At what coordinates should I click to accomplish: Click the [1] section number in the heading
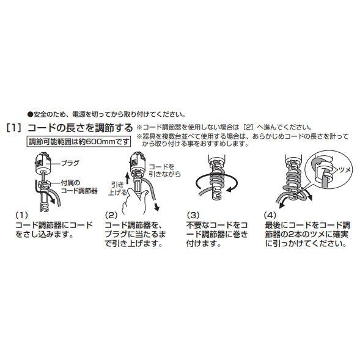tap(15, 128)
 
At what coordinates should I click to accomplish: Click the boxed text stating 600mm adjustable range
tap(79, 141)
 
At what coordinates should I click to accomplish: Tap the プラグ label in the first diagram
tap(70, 163)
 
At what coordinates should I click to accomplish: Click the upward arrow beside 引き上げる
tap(128, 181)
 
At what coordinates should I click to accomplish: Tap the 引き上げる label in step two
tap(117, 188)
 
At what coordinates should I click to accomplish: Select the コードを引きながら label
tap(164, 170)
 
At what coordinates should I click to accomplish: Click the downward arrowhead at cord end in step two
tap(157, 207)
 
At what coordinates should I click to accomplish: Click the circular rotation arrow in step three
tap(216, 183)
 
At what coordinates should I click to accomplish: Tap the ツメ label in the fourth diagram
tap(345, 170)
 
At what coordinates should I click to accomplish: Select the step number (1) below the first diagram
tap(22, 215)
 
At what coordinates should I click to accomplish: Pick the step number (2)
tap(111, 215)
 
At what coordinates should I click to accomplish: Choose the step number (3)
tap(193, 215)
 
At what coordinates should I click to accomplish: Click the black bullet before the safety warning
tap(30, 114)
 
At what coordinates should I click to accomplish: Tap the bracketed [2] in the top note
tap(248, 127)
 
